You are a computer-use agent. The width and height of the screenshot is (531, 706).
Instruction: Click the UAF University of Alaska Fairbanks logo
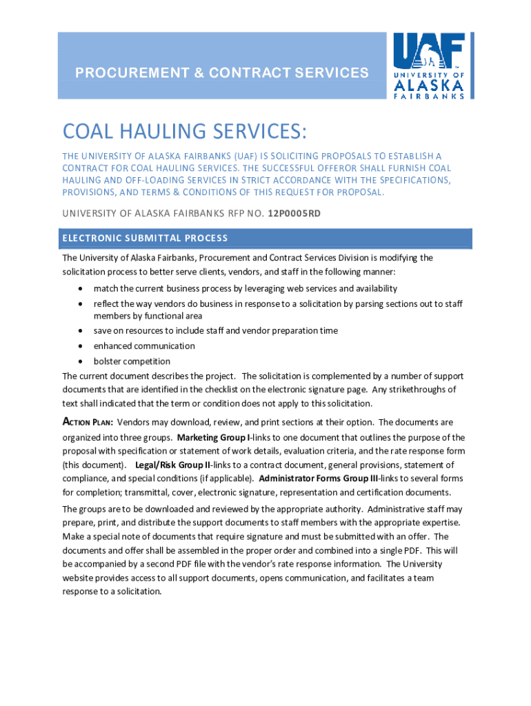(428, 65)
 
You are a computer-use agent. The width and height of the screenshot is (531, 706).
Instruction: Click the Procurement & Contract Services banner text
(222, 72)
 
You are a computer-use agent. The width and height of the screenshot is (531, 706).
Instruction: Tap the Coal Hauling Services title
(184, 131)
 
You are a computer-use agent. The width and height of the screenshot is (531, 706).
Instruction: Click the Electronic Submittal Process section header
(145, 238)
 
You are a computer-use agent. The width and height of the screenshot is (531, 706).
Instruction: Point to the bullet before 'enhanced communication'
(81, 346)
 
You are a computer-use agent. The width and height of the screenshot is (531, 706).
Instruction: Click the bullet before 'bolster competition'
(81, 361)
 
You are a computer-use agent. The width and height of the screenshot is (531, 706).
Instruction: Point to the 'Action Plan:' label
(88, 422)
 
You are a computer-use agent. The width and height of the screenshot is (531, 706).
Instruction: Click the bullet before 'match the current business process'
(81, 288)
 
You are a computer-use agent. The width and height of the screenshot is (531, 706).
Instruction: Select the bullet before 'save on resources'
(81, 331)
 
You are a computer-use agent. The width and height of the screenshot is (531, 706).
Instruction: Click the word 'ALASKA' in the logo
(428, 84)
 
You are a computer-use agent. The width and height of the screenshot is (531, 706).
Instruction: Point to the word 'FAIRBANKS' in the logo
(428, 96)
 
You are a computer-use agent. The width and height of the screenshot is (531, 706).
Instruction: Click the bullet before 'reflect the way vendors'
(81, 303)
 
